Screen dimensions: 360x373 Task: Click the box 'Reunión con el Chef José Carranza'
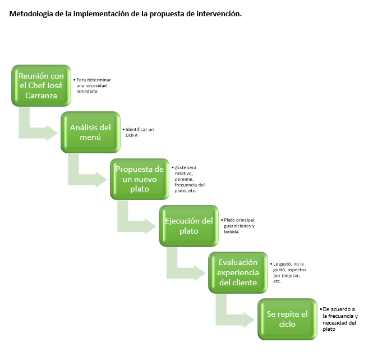(42, 85)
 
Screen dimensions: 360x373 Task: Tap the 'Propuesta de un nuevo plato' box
(139, 179)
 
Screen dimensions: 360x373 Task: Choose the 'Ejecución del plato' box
(188, 226)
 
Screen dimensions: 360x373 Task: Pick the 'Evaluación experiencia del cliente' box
(238, 272)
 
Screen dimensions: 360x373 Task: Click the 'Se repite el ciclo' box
(287, 320)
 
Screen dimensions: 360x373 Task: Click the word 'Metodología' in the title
(33, 13)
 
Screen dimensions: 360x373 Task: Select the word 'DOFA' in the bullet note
(132, 135)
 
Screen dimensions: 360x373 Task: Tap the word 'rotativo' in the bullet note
(184, 173)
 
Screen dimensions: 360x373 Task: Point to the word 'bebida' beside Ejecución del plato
(231, 231)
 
